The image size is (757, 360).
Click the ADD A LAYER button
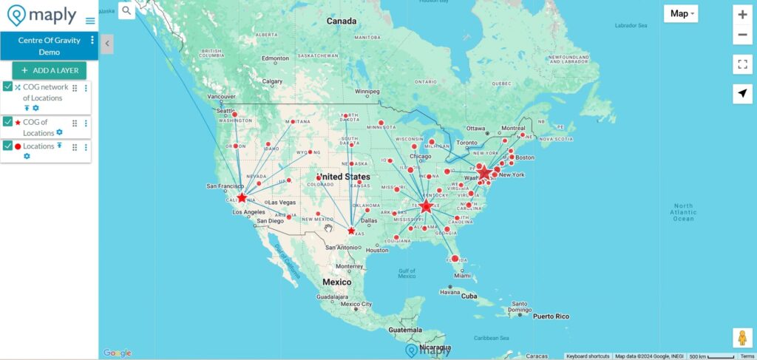(49, 70)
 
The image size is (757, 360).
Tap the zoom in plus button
(742, 14)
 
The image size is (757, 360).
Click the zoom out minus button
(742, 35)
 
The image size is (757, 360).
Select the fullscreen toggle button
(742, 64)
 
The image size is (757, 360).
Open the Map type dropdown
(681, 13)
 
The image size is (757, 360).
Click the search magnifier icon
(126, 10)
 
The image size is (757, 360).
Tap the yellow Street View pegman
(742, 337)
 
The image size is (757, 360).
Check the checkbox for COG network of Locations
(7, 87)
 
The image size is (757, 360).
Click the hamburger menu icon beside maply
(90, 21)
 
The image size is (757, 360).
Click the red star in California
(242, 197)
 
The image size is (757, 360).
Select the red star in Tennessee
(426, 206)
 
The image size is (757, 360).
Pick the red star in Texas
(351, 231)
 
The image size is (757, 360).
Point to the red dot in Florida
(455, 259)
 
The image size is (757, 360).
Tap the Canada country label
(342, 21)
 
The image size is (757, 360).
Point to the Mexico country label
(336, 282)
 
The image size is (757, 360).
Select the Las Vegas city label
(282, 203)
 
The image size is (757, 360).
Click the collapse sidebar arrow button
(106, 44)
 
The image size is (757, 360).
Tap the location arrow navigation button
(742, 94)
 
